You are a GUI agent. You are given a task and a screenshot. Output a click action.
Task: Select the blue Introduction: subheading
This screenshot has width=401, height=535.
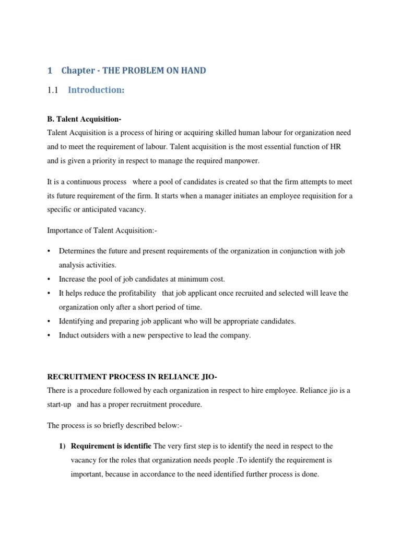[96, 90]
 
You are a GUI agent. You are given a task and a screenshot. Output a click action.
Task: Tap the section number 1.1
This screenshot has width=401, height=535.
[53, 90]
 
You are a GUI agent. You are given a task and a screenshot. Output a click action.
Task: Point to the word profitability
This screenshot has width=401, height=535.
[133, 293]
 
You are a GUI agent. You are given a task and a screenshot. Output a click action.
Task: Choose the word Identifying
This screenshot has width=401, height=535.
[77, 321]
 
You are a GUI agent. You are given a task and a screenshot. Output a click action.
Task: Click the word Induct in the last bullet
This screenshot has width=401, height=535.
[68, 335]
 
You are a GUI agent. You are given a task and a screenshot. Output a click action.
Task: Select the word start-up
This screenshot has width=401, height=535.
[59, 404]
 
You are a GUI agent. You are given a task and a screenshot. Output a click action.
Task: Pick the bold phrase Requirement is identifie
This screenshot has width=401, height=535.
[111, 446]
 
